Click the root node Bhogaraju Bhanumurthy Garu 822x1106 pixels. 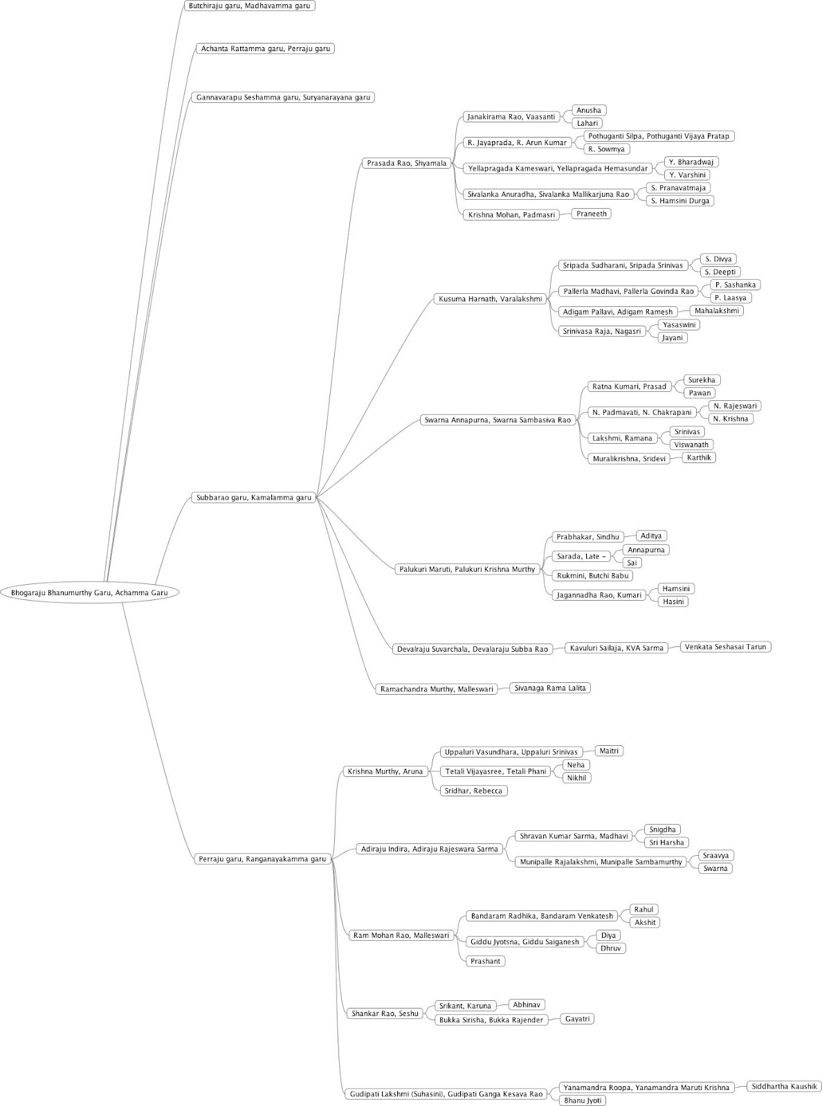pyautogui.click(x=89, y=592)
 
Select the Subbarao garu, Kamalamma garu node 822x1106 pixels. pyautogui.click(x=254, y=497)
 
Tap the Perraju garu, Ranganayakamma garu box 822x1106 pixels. pyautogui.click(x=262, y=859)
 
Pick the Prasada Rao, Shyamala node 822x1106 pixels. pyautogui.click(x=406, y=163)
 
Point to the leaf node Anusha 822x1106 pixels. pyautogui.click(x=589, y=110)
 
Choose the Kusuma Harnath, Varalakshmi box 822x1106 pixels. pyautogui.click(x=490, y=299)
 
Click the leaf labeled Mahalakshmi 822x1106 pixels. pyautogui.click(x=717, y=311)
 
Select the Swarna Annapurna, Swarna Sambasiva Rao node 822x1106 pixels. pyautogui.click(x=497, y=420)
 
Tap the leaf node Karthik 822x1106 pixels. pyautogui.click(x=699, y=458)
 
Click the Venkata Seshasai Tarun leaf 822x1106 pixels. pyautogui.click(x=725, y=647)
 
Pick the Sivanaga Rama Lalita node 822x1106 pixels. pyautogui.click(x=550, y=688)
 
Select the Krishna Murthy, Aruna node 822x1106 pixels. pyautogui.click(x=385, y=771)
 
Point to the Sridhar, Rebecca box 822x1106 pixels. pyautogui.click(x=474, y=790)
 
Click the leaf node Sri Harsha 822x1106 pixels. pyautogui.click(x=666, y=843)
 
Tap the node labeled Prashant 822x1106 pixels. pyautogui.click(x=485, y=961)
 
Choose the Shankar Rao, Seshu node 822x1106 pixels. pyautogui.click(x=385, y=1013)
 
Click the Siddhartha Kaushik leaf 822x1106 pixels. pyautogui.click(x=784, y=1086)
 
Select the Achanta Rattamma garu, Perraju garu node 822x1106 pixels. pyautogui.click(x=265, y=48)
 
